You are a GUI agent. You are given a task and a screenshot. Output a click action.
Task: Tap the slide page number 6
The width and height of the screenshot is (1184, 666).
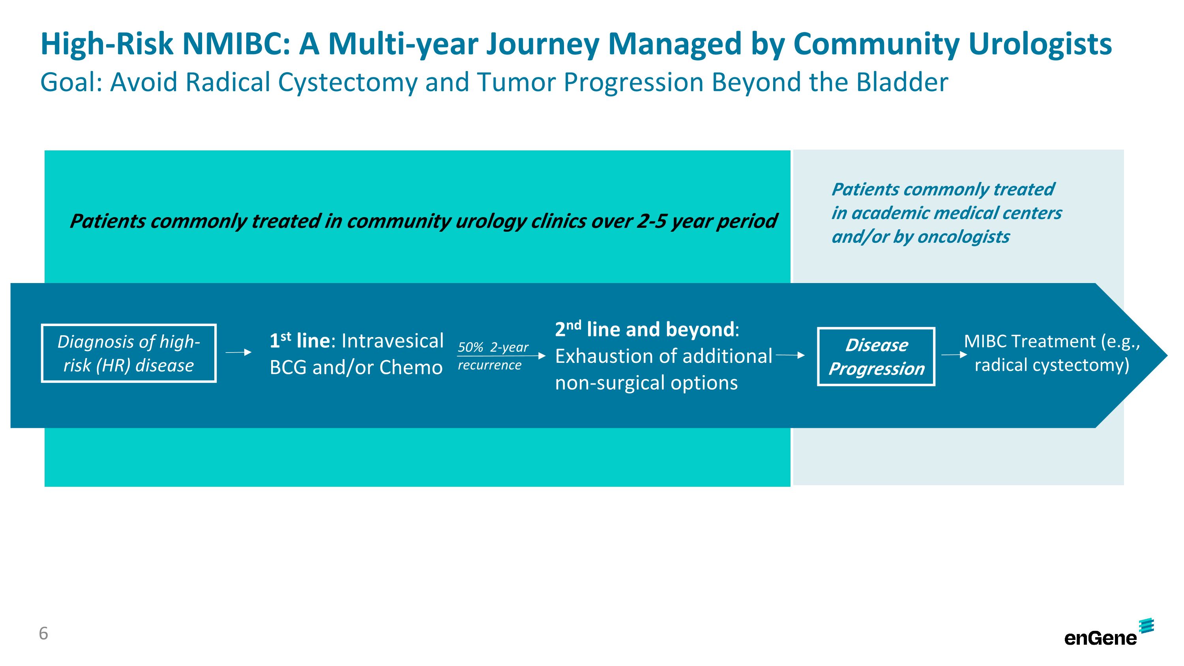click(x=43, y=634)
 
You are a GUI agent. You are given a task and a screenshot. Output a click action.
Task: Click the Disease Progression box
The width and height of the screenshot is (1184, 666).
click(x=876, y=356)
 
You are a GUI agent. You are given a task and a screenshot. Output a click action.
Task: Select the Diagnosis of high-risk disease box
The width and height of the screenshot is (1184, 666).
click(x=129, y=353)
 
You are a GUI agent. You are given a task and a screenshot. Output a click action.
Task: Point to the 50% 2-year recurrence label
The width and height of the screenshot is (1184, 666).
click(x=492, y=356)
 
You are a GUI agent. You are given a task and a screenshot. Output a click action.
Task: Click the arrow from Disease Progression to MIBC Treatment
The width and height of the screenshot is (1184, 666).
click(x=954, y=355)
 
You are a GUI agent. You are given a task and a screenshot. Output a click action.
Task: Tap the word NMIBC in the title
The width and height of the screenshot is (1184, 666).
click(x=235, y=45)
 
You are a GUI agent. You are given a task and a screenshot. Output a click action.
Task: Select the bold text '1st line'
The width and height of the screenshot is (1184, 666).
click(x=299, y=341)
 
